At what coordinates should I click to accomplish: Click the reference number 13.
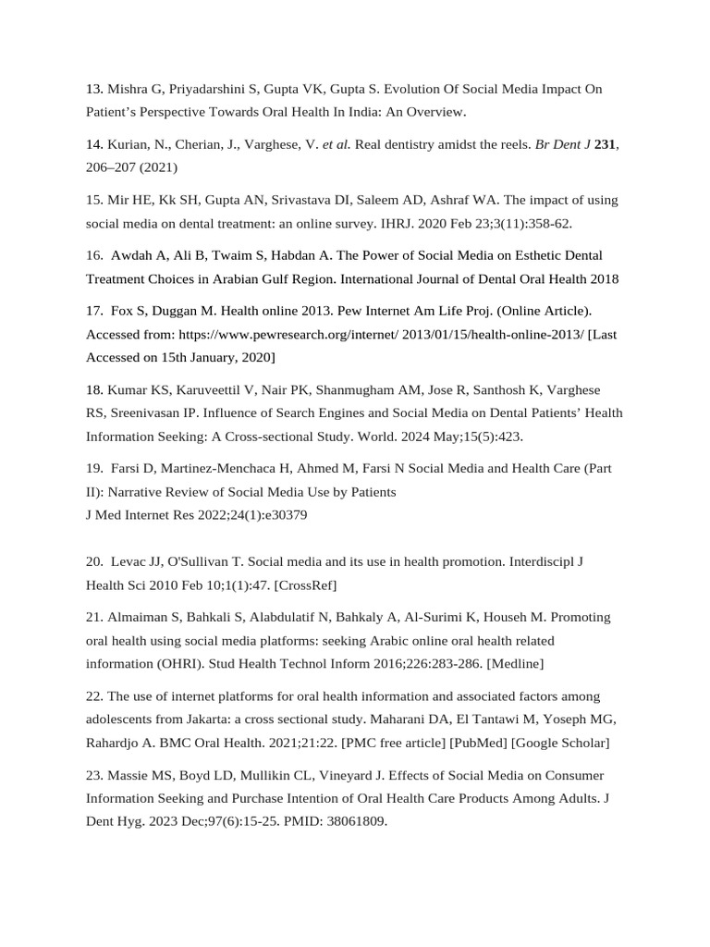(x=93, y=90)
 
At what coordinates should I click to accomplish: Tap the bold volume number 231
(x=606, y=145)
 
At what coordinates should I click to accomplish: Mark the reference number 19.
(x=93, y=469)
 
